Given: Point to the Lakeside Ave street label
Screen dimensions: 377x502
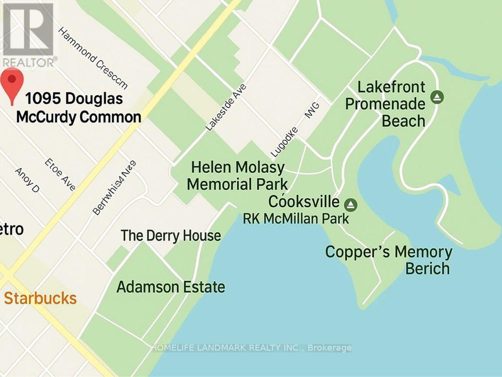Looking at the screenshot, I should pyautogui.click(x=226, y=107).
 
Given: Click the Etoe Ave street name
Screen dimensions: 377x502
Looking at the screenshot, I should pyautogui.click(x=60, y=174).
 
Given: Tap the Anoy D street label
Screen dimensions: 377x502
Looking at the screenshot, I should pyautogui.click(x=27, y=180).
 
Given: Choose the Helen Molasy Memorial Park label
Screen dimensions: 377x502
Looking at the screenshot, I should pyautogui.click(x=238, y=176).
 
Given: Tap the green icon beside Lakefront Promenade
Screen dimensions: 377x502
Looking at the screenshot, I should pyautogui.click(x=437, y=97).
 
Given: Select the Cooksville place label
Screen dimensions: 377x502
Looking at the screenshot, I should pyautogui.click(x=304, y=202).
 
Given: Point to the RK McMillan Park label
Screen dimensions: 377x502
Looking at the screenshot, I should pyautogui.click(x=296, y=218).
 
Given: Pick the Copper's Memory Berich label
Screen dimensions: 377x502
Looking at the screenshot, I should pyautogui.click(x=389, y=260).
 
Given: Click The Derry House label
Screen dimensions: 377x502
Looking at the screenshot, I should pyautogui.click(x=171, y=236).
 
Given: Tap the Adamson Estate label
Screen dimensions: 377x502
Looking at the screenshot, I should pyautogui.click(x=171, y=287).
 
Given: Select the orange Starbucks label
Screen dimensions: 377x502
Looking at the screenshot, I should pyautogui.click(x=40, y=298).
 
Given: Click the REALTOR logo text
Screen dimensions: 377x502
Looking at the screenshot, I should pyautogui.click(x=28, y=62).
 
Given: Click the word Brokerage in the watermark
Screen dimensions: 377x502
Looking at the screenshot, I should pyautogui.click(x=331, y=348).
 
